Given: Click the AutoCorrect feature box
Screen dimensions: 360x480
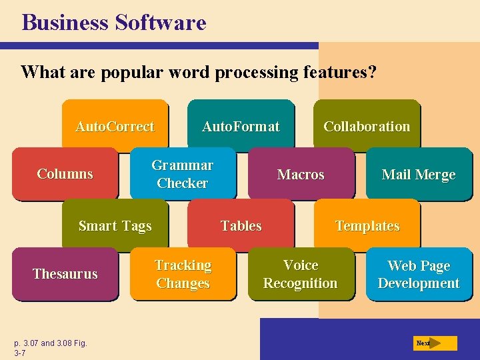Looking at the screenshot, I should (x=115, y=126).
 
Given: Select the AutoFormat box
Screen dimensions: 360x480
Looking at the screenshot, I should (x=241, y=126).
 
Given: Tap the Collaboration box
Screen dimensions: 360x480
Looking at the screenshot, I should (x=367, y=126).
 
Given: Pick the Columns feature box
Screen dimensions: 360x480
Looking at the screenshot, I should (x=65, y=174).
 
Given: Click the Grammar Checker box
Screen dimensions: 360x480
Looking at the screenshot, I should (x=183, y=174).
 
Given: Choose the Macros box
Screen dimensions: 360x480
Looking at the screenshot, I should (x=301, y=175).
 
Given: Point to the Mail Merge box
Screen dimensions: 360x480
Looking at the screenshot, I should (x=419, y=175).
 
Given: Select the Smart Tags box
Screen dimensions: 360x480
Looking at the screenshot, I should (x=115, y=226).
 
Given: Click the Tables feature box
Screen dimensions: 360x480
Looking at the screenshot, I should (x=241, y=226).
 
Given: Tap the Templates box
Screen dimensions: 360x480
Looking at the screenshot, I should (x=367, y=226).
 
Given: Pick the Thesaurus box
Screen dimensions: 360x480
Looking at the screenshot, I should (x=65, y=274).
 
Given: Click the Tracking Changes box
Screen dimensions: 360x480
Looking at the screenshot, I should (x=183, y=274).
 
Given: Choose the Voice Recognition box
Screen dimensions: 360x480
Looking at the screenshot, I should (x=301, y=274).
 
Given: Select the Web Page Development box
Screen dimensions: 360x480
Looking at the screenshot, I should (x=419, y=274).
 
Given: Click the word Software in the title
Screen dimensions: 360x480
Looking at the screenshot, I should (x=161, y=23).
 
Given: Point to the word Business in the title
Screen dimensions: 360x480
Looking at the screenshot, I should (x=65, y=23).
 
